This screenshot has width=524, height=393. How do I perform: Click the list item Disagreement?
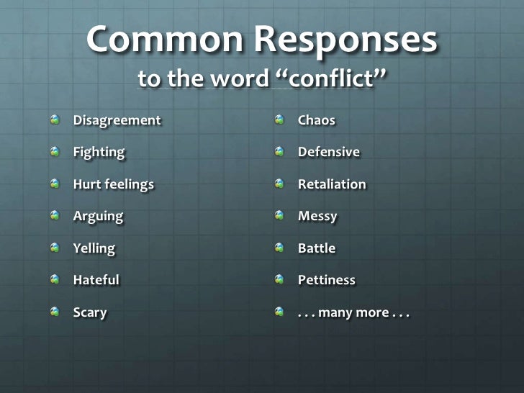pos(117,120)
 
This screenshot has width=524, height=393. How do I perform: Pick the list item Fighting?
pos(99,152)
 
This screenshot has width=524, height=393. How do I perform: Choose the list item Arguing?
pos(98,216)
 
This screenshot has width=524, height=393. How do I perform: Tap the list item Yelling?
pos(94,248)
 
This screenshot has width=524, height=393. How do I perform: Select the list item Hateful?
pos(96,280)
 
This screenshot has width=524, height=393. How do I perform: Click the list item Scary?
pos(90,312)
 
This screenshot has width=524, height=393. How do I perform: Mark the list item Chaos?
pos(317,120)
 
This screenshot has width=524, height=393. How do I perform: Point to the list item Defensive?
pos(329,152)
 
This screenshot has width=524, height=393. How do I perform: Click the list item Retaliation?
pos(332,184)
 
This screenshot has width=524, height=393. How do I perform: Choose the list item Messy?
pos(317,216)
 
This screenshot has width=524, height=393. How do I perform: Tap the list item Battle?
pos(317,248)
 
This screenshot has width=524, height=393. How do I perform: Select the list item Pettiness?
pos(327,280)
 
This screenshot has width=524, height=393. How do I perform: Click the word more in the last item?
pos(371,312)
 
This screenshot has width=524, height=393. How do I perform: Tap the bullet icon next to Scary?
pos(54,312)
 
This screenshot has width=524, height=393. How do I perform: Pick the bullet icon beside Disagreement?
pos(54,119)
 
